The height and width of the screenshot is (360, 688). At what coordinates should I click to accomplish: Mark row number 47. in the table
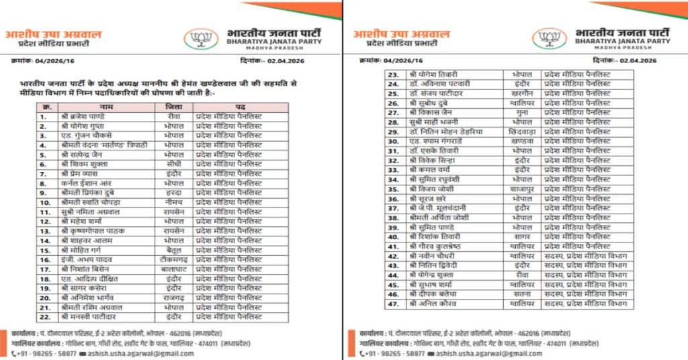(x=394, y=304)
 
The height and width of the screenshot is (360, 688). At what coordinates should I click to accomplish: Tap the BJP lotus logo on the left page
(x=200, y=38)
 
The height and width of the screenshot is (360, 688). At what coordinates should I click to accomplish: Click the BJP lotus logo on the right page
(x=548, y=38)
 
